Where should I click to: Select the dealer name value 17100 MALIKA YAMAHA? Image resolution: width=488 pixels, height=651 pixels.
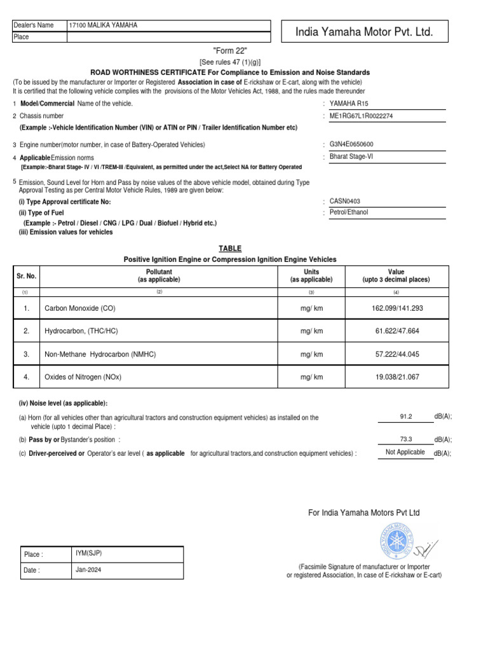103,25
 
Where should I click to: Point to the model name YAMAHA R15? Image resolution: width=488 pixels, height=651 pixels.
348,104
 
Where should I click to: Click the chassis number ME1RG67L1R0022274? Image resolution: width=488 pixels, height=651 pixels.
361,116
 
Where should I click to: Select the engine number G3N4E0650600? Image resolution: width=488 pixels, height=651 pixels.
351,144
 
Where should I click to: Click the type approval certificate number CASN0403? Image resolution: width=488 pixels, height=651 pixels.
346,201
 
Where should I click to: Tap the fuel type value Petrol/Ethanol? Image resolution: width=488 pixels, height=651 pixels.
349,212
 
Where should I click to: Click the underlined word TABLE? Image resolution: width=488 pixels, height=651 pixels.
230,249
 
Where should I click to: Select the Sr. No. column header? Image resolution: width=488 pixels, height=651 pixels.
25,276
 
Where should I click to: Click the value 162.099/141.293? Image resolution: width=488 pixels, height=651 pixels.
396,308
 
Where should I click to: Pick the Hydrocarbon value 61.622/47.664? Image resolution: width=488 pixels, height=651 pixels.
396,331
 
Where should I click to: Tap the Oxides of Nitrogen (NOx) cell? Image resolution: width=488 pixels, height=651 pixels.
83,377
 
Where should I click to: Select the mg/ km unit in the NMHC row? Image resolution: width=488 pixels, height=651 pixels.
311,354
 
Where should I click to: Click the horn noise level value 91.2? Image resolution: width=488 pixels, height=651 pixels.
406,416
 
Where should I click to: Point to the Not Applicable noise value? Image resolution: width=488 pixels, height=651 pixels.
405,452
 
